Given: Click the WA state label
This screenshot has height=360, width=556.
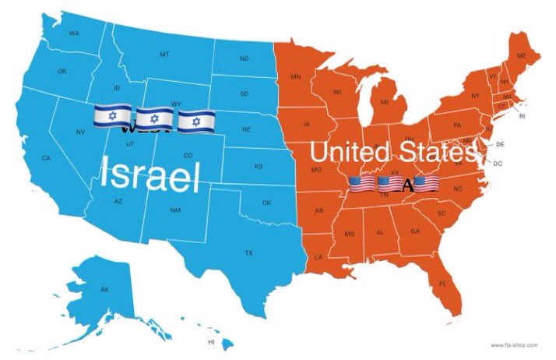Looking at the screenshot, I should click(x=75, y=34).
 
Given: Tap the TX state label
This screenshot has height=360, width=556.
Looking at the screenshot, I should click(x=248, y=252).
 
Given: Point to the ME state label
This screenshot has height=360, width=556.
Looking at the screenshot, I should click(x=522, y=55).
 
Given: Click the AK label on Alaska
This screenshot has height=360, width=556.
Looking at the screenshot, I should click(x=105, y=289).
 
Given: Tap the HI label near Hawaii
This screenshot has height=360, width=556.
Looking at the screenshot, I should click(x=211, y=342).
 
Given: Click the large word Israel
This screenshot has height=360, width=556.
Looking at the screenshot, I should click(x=150, y=175).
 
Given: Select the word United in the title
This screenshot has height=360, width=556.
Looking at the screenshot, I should click(x=350, y=151).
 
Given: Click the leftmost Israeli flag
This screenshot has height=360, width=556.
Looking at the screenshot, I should click(x=112, y=118).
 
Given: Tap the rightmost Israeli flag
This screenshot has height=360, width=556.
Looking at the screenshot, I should click(x=195, y=122).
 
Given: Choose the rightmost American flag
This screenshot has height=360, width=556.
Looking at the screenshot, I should click(x=426, y=185).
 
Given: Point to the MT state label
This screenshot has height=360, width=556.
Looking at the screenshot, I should click(x=164, y=54).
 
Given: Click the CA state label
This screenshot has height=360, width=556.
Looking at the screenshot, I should click(x=46, y=158).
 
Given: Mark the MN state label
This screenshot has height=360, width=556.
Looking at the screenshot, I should click(x=296, y=76).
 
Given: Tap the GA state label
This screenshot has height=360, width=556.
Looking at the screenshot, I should click(x=414, y=231).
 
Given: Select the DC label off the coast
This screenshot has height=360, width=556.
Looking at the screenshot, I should click(x=498, y=164).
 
